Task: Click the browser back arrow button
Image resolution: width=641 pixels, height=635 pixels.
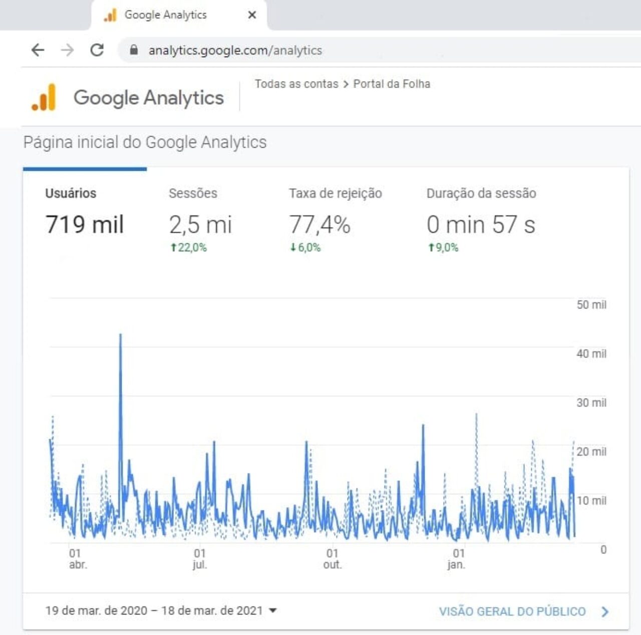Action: click(x=38, y=50)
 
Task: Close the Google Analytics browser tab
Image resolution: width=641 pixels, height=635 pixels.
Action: click(x=252, y=15)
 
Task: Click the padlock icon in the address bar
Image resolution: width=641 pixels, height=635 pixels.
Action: click(x=134, y=50)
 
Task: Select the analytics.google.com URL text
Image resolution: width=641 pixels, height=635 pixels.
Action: click(x=235, y=51)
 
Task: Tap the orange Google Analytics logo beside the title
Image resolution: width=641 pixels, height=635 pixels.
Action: click(x=44, y=97)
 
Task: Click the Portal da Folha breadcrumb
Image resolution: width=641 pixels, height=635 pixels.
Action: click(x=392, y=84)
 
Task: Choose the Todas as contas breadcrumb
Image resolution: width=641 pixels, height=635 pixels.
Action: click(x=296, y=84)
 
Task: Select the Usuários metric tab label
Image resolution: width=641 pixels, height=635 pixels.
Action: click(x=71, y=193)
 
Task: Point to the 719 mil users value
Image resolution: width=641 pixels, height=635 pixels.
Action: click(x=85, y=224)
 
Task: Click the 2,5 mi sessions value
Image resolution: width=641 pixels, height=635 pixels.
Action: click(x=200, y=225)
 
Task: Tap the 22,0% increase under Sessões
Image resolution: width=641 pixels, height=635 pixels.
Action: click(x=189, y=247)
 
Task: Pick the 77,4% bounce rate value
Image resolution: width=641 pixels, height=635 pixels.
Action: click(x=319, y=225)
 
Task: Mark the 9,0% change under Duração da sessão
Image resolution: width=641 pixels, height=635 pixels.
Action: click(x=443, y=247)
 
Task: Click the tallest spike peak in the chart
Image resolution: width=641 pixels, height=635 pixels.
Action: click(x=120, y=334)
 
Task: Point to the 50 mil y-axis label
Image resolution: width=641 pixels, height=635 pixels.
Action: click(x=591, y=304)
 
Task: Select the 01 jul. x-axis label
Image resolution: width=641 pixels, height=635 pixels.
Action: click(x=200, y=559)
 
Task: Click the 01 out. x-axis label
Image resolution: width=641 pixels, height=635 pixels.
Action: click(x=333, y=559)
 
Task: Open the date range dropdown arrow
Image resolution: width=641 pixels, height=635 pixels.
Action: click(x=273, y=610)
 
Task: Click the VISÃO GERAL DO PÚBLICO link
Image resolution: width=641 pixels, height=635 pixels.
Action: click(x=512, y=611)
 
